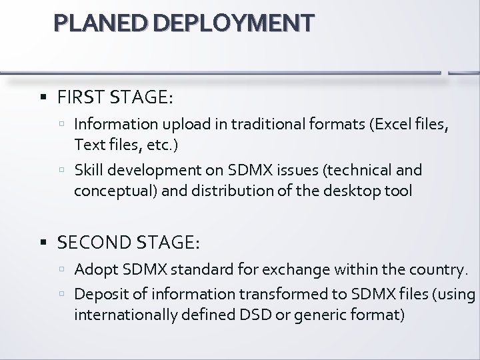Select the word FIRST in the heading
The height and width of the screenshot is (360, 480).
pos(79,98)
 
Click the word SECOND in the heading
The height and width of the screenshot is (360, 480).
pos(89,243)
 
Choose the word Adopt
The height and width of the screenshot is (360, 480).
pos(93,270)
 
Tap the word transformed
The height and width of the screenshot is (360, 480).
pos(285,293)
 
